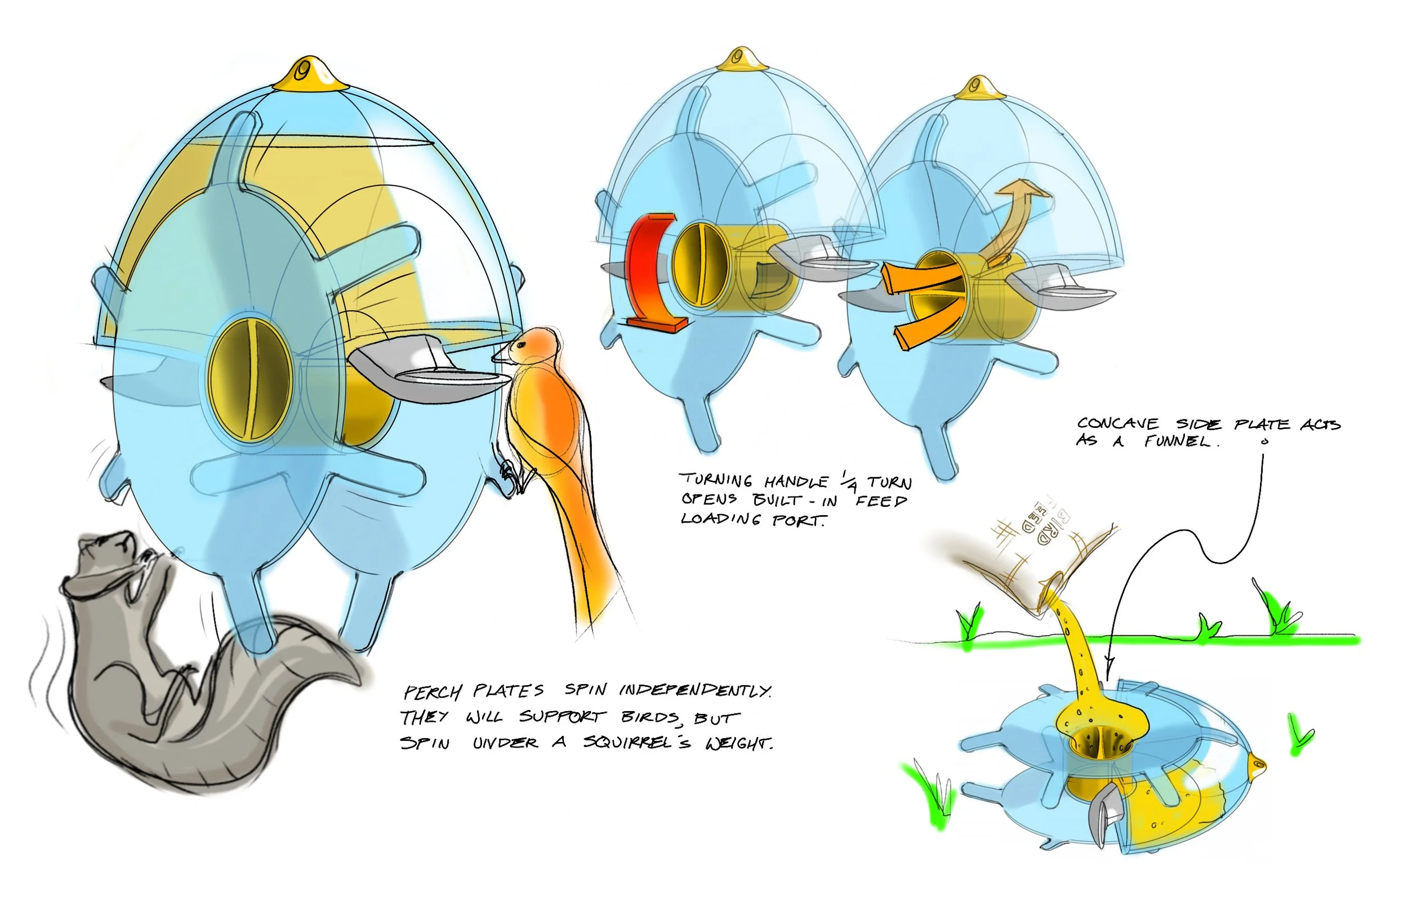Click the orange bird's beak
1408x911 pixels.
pyautogui.click(x=500, y=357)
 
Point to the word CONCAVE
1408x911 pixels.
pyautogui.click(x=1117, y=423)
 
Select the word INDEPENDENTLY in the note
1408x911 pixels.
pyautogui.click(x=695, y=690)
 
